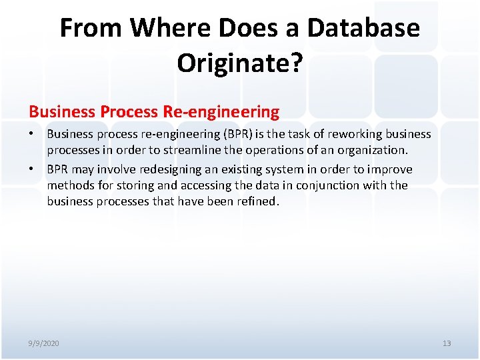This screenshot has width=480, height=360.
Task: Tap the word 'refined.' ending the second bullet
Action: [257, 201]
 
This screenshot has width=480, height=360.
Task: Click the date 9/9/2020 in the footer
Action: [43, 343]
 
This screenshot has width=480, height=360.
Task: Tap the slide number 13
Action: [447, 343]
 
